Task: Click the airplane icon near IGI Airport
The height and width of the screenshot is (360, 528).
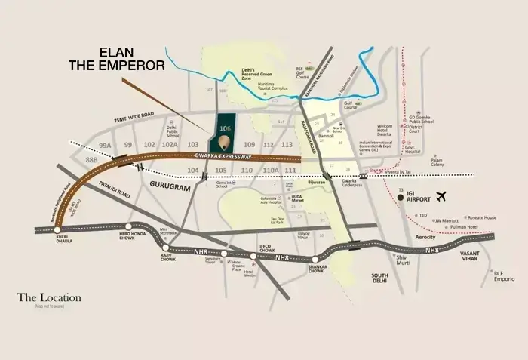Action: tap(441, 197)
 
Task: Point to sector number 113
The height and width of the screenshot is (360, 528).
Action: tap(287, 144)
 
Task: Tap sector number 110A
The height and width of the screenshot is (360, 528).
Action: tap(269, 171)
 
